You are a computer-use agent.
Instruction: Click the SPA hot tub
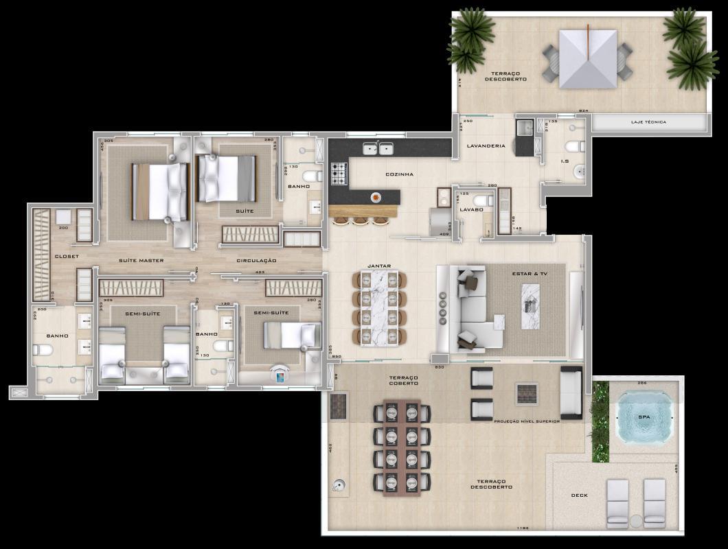[x=643, y=417]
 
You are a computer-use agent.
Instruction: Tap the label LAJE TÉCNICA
[x=648, y=122]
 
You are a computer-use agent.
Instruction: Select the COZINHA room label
[x=399, y=174]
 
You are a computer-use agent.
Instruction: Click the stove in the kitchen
[x=339, y=173]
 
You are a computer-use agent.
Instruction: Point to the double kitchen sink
[x=378, y=148]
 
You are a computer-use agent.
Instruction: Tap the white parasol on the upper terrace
[x=588, y=59]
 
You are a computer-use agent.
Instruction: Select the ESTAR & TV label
[x=529, y=274]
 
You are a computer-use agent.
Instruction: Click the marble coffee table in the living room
[x=531, y=307]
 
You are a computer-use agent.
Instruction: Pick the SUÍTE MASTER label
[x=141, y=261]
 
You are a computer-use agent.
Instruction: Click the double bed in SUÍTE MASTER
[x=159, y=191]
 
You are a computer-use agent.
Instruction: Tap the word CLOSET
[x=67, y=256]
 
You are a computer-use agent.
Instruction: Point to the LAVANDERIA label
[x=486, y=145]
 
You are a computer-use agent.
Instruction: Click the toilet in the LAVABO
[x=484, y=200]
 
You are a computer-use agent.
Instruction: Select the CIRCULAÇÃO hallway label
[x=256, y=261]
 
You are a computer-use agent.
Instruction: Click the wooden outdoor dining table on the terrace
[x=402, y=449]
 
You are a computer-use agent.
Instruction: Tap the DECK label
[x=579, y=495]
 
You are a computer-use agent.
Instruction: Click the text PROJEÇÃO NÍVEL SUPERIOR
[x=527, y=421]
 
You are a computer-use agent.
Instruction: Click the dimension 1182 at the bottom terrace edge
[x=524, y=528]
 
